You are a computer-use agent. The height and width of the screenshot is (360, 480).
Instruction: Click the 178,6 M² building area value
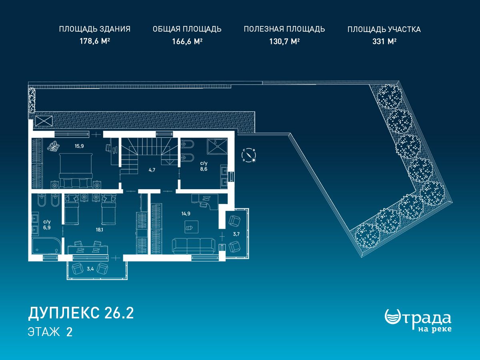click(x=95, y=41)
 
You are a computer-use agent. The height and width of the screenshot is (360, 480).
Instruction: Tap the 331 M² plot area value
click(x=384, y=41)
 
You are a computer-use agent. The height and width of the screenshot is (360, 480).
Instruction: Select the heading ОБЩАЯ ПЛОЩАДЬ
click(x=187, y=29)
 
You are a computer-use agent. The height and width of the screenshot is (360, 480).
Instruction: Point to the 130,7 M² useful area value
click(x=284, y=41)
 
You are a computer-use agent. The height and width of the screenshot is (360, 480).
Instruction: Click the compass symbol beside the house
click(x=249, y=155)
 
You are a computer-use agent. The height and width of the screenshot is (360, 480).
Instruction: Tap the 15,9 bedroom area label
click(x=79, y=146)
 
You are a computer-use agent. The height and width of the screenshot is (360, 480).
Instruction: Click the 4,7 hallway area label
click(x=152, y=170)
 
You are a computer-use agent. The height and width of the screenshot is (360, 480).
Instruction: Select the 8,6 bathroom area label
click(x=204, y=169)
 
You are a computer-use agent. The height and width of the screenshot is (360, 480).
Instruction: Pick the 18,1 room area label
click(x=99, y=230)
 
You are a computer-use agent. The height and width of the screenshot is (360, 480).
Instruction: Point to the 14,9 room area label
click(x=186, y=214)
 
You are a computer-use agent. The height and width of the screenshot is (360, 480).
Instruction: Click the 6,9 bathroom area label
click(x=47, y=228)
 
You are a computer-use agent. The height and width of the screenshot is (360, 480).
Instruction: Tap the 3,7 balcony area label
click(x=236, y=234)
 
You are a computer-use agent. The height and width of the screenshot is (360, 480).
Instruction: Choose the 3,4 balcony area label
click(x=90, y=269)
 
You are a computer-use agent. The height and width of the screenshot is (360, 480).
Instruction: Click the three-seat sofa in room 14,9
click(x=194, y=246)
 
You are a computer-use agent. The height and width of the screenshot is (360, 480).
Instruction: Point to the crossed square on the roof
click(x=44, y=121)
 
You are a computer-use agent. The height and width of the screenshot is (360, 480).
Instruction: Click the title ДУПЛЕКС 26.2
click(x=81, y=313)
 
